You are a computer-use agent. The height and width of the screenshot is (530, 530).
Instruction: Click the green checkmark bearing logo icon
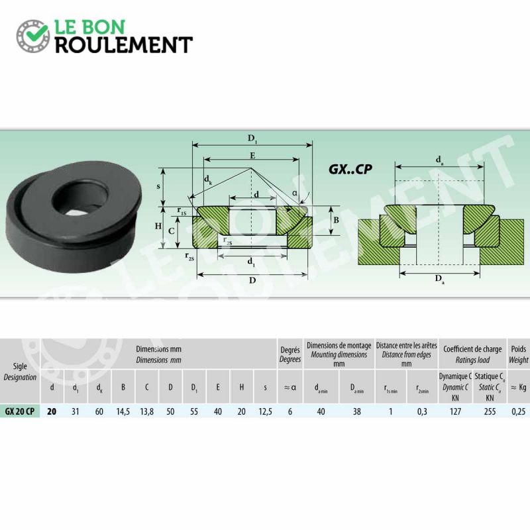point(33,36)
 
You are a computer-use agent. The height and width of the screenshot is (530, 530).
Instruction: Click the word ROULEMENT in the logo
point(124,45)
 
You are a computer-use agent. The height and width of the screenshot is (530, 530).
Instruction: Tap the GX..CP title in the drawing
point(350,169)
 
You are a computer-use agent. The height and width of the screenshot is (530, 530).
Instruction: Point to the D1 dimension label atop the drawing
point(252,138)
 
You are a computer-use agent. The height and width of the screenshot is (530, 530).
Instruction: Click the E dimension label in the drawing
point(252,156)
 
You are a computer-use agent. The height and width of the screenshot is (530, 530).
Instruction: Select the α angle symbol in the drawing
point(295,193)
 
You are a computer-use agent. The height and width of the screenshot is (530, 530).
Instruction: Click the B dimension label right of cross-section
point(336,220)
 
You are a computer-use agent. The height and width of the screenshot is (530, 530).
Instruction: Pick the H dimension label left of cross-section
point(158,226)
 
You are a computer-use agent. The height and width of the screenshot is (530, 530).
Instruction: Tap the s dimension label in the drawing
point(158,186)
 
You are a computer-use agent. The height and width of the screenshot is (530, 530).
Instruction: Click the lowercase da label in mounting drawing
point(439,160)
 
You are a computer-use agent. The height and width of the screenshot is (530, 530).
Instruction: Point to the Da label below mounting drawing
point(439,279)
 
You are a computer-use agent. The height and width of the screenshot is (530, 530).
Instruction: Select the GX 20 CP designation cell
point(20,411)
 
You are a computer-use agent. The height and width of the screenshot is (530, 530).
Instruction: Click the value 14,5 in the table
point(123,411)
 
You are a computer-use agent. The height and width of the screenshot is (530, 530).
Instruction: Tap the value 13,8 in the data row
point(146,411)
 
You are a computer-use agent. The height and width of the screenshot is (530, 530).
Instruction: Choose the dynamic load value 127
point(455,411)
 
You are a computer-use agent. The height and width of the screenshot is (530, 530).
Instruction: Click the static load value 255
point(490,411)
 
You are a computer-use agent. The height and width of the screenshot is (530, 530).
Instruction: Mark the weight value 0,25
point(519,411)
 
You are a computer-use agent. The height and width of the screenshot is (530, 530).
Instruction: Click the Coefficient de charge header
point(472,349)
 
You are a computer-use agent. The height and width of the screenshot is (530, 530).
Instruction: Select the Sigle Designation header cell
point(20,372)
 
